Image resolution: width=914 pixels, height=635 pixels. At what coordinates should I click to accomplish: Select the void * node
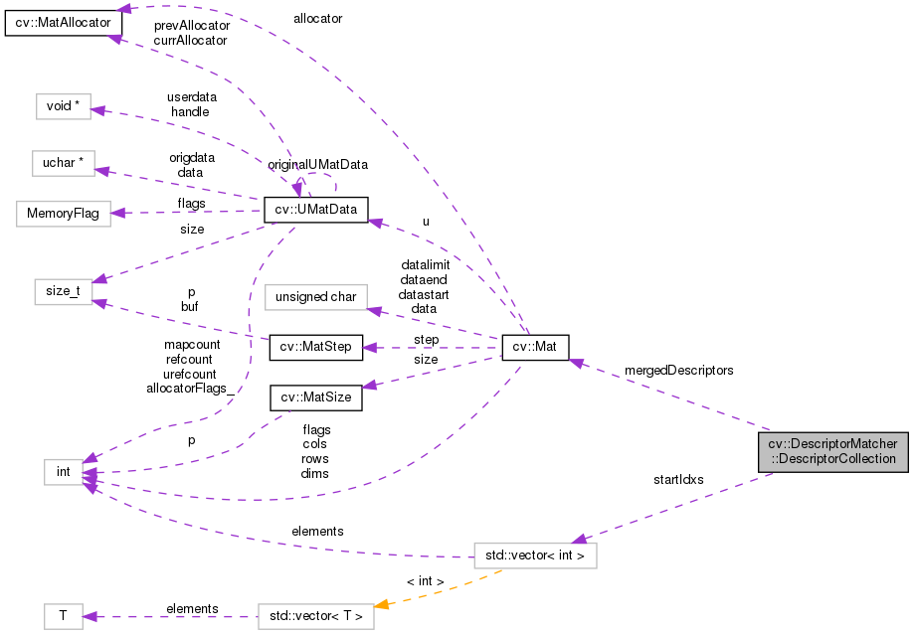click(x=63, y=106)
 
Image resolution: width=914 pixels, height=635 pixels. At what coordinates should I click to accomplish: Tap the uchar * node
click(x=63, y=164)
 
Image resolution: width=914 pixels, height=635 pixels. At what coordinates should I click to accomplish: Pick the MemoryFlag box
click(x=63, y=214)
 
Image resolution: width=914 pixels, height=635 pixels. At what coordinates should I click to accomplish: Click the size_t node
click(x=63, y=294)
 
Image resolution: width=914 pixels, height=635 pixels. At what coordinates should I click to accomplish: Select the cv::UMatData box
click(x=315, y=210)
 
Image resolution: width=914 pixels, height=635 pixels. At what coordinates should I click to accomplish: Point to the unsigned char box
click(x=317, y=297)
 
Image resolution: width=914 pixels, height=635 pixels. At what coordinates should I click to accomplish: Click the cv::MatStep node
click(x=313, y=348)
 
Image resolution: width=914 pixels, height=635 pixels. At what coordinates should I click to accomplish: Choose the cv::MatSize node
click(x=315, y=397)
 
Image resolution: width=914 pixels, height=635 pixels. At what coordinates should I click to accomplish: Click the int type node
click(x=63, y=471)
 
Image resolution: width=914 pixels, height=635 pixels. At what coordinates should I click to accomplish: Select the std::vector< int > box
click(x=535, y=556)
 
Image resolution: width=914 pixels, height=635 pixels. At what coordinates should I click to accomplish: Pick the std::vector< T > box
click(x=315, y=616)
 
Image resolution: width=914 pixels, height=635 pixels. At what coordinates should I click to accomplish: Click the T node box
click(x=63, y=616)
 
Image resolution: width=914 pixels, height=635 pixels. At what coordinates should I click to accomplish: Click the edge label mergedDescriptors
click(x=678, y=370)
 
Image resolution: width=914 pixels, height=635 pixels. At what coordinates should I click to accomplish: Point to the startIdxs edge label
click(x=678, y=479)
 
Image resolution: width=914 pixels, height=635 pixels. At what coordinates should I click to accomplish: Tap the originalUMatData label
click(x=317, y=163)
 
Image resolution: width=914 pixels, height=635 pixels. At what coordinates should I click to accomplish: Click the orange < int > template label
click(x=425, y=580)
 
